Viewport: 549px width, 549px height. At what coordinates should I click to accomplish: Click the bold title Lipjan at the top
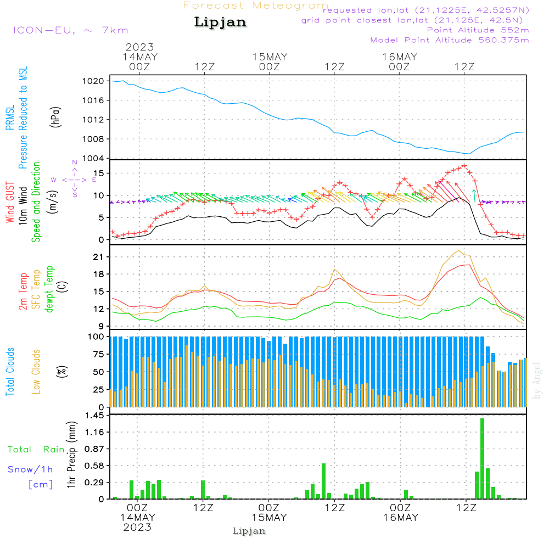tap(220, 23)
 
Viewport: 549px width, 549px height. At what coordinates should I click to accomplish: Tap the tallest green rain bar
tap(482, 458)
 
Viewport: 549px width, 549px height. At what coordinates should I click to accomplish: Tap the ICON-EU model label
tap(70, 30)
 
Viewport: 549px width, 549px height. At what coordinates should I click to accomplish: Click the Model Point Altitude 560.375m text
tap(450, 40)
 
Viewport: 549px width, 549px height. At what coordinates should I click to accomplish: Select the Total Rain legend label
tap(36, 450)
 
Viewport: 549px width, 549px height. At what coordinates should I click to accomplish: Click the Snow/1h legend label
tap(30, 469)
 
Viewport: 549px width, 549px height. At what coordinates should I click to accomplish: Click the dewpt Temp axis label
tap(50, 289)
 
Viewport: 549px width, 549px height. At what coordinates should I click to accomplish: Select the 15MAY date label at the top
tap(270, 57)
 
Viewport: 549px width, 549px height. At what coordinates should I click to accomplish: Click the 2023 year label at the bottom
tap(137, 527)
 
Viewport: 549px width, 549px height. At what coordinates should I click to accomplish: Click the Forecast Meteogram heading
tap(256, 6)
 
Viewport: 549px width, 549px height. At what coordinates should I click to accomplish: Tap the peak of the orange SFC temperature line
tap(458, 251)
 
